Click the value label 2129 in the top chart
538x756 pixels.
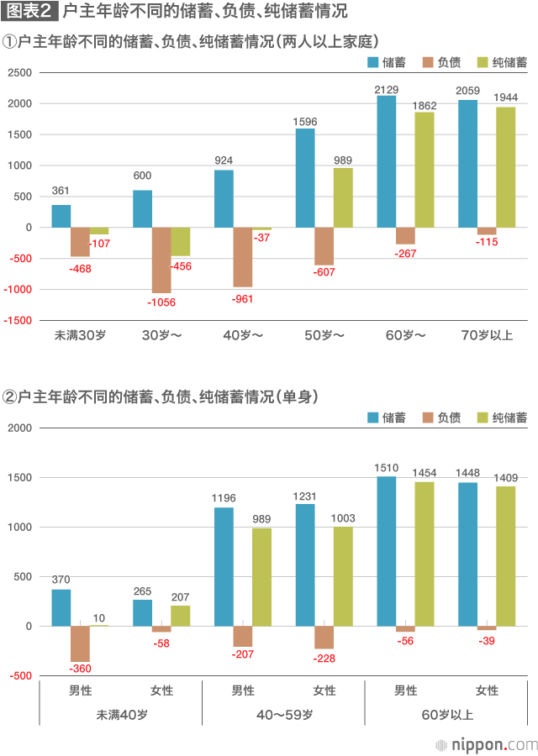click(387, 89)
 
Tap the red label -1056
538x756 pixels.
click(161, 302)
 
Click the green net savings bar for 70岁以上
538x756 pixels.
click(505, 167)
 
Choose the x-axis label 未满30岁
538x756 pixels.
click(80, 335)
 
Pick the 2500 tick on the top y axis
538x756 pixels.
click(19, 73)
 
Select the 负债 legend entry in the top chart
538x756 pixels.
click(441, 62)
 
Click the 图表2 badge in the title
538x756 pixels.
click(29, 13)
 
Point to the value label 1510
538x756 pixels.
click(387, 468)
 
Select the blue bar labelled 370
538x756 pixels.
click(61, 607)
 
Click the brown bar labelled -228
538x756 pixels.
click(324, 638)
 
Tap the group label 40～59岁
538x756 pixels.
click(284, 715)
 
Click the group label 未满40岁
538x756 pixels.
click(120, 715)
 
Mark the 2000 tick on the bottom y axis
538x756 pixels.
click(19, 428)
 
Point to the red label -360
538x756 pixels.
click(80, 669)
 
